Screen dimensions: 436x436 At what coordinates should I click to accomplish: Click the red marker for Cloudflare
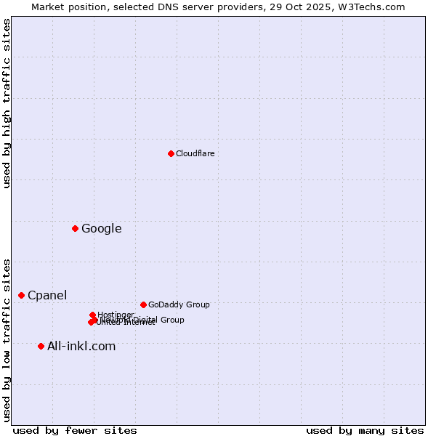coord(171,153)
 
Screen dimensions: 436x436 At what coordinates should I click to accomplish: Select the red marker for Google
coord(75,229)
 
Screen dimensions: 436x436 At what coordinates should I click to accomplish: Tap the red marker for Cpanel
coord(22,295)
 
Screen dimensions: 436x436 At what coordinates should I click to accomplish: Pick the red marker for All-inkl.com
coord(41,347)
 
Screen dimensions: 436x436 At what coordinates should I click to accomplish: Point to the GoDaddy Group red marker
coord(143,304)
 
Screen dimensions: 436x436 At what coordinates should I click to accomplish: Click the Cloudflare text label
coord(195,153)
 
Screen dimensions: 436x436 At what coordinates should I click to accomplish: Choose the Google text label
coord(101,229)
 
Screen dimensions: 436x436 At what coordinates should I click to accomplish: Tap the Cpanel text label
coord(47,295)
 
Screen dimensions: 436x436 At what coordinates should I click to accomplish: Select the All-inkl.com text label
coord(81,347)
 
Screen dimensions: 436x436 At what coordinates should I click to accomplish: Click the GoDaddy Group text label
coord(179,304)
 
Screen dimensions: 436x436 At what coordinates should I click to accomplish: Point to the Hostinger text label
coord(116,315)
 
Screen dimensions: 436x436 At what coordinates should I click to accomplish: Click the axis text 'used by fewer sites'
coord(75,430)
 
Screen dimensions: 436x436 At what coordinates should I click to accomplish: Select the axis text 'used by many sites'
coord(365,430)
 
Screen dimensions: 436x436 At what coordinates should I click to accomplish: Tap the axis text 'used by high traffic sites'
coord(7,103)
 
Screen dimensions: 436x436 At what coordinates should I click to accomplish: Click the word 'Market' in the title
coord(47,7)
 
